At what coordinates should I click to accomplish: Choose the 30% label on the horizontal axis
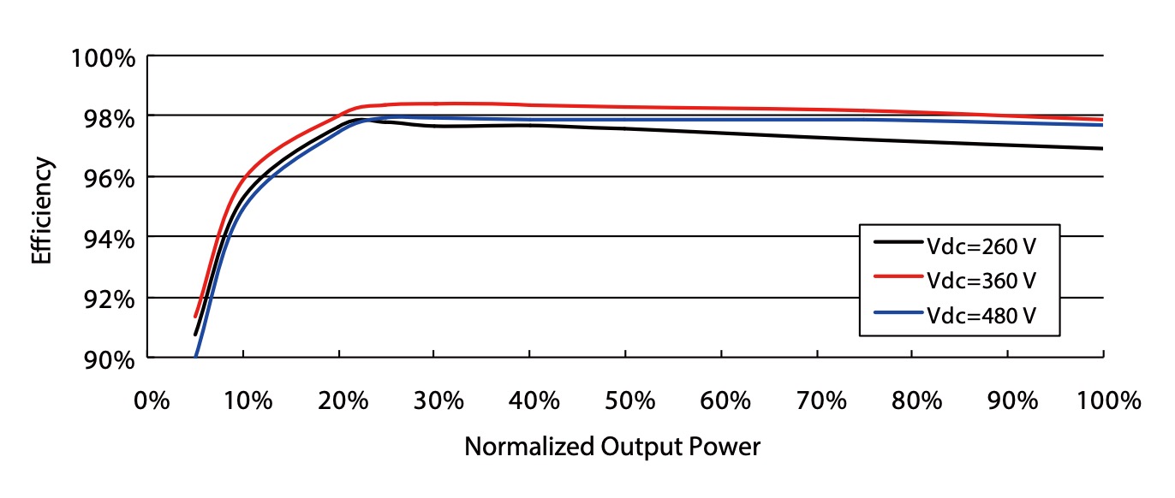(x=436, y=400)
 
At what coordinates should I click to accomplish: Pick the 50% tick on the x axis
(x=627, y=400)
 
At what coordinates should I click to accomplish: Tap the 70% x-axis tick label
(x=818, y=400)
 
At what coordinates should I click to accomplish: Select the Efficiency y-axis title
(x=41, y=210)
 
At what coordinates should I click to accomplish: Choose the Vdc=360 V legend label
(x=981, y=280)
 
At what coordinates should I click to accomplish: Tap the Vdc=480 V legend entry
(x=981, y=315)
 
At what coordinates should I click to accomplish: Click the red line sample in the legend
(x=899, y=278)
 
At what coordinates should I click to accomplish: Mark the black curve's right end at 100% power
(x=1102, y=149)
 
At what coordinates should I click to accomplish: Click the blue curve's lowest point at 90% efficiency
(x=196, y=355)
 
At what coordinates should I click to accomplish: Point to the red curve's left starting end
(x=196, y=316)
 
